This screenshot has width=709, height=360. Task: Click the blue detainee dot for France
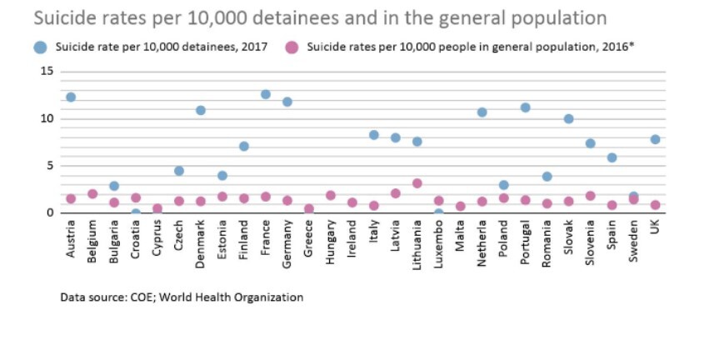click(266, 94)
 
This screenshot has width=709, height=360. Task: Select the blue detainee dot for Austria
click(71, 97)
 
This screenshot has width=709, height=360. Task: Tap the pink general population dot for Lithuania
click(417, 183)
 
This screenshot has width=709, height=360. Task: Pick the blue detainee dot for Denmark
click(201, 110)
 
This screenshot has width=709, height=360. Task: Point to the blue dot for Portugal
click(526, 107)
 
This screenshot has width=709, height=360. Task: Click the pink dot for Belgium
click(92, 194)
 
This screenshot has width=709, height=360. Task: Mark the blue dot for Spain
click(612, 157)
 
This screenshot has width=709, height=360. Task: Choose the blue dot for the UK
click(656, 139)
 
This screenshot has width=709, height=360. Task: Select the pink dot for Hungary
click(331, 195)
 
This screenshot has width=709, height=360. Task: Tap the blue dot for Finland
click(244, 146)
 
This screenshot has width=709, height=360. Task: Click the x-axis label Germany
click(287, 240)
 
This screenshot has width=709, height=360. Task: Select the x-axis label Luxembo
click(439, 244)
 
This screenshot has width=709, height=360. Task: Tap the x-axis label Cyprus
click(157, 237)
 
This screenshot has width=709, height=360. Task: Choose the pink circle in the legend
click(292, 47)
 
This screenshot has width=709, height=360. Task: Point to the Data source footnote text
click(182, 297)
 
